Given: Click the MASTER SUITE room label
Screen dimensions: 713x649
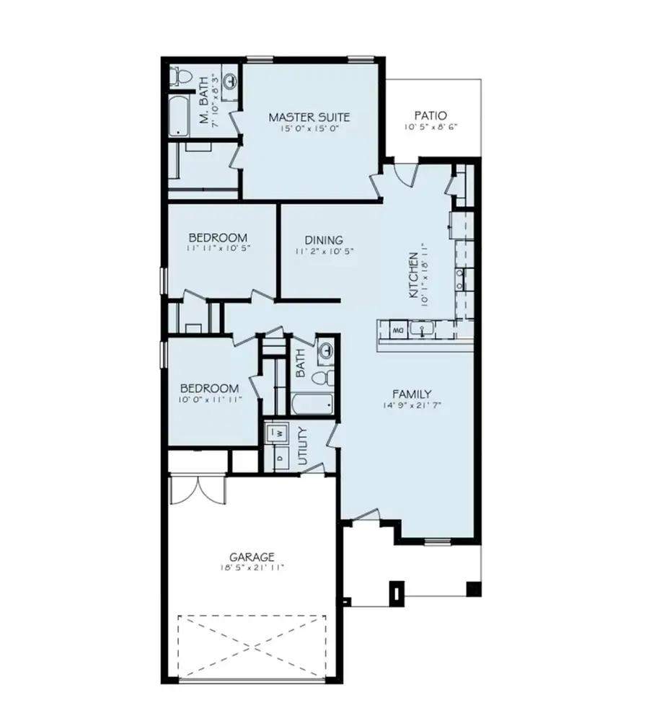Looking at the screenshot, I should point(309,116).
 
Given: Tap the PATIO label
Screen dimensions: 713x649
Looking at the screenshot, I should point(431,115).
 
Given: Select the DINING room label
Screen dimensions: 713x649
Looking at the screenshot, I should point(323,240).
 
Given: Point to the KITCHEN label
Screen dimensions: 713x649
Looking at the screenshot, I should point(413,276).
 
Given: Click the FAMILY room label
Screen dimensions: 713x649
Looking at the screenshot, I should point(412,394).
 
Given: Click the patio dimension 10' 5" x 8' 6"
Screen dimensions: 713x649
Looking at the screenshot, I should point(431,128).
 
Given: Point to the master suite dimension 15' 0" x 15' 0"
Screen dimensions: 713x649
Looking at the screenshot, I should point(309,129).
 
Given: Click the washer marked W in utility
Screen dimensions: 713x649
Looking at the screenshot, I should point(278,434).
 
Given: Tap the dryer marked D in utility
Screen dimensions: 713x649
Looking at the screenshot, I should point(278,457).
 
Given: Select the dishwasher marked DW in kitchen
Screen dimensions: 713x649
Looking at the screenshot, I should point(397,330).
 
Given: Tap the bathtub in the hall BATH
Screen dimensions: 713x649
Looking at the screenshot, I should point(312,402).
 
